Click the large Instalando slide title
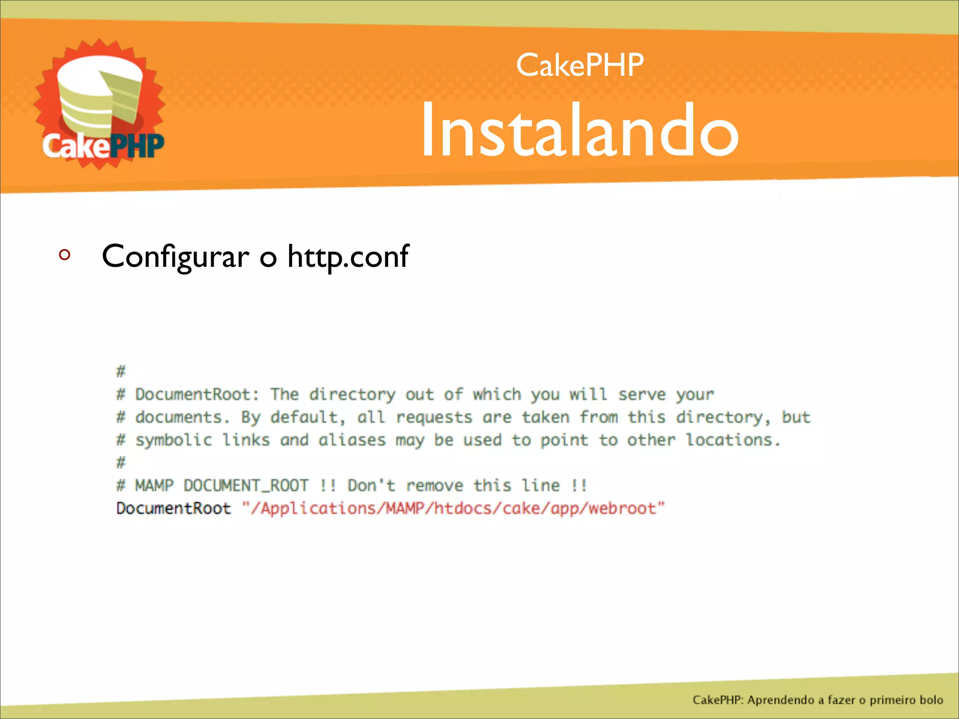click(580, 131)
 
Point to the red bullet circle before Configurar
click(65, 255)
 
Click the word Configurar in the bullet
click(175, 257)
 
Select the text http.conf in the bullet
click(348, 257)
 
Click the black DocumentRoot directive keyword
click(173, 508)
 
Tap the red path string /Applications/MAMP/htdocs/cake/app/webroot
click(453, 508)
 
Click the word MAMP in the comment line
click(154, 485)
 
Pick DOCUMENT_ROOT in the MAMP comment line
click(246, 486)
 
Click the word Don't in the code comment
click(371, 485)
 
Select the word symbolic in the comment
click(173, 440)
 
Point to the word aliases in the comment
click(352, 440)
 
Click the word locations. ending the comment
click(733, 440)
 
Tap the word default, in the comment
click(308, 417)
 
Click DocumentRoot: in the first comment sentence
click(197, 395)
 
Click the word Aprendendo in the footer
click(781, 700)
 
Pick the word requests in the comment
click(434, 418)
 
